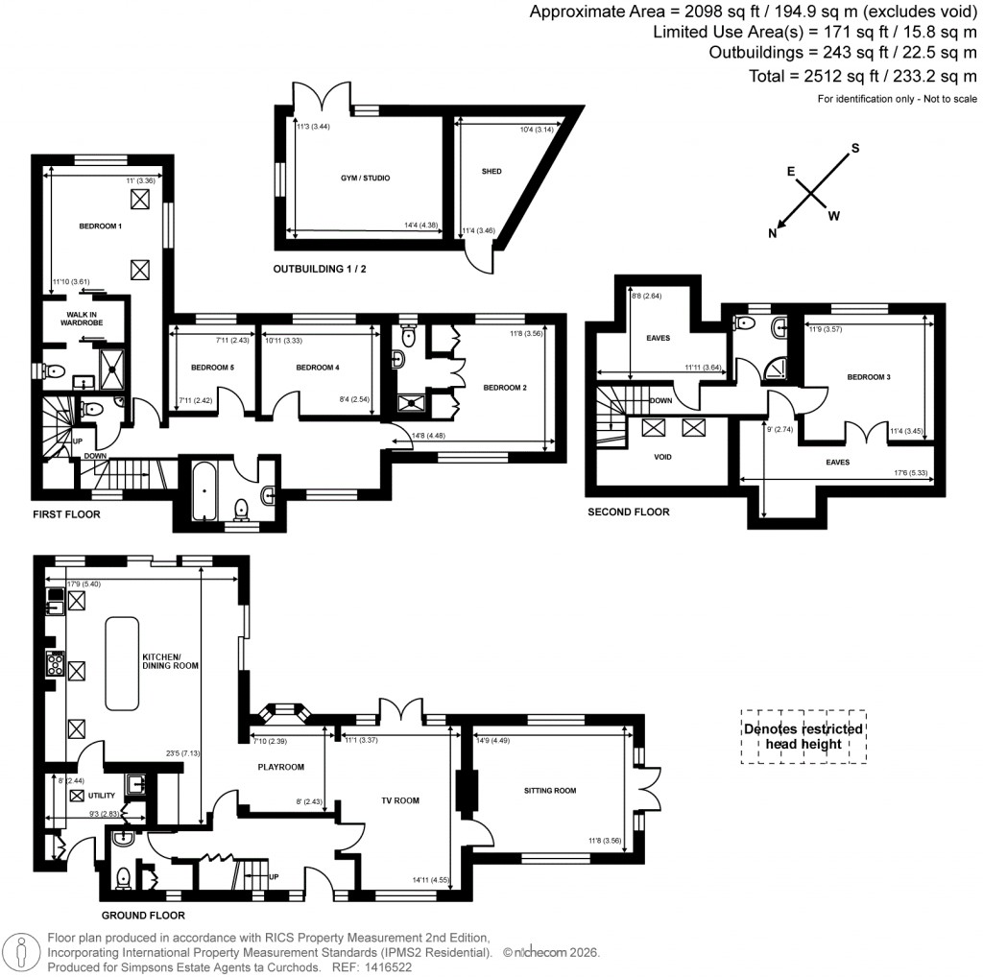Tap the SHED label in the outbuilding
click(491, 172)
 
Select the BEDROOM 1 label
click(101, 226)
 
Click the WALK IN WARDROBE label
click(82, 320)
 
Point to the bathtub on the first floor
click(204, 490)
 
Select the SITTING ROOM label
click(549, 791)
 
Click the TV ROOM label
click(400, 799)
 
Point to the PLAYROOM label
click(280, 767)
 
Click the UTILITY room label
click(102, 796)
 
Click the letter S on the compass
click(854, 150)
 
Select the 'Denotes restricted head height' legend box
click(803, 737)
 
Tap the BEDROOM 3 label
click(869, 377)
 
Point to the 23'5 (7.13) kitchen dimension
click(182, 754)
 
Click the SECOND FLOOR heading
click(628, 512)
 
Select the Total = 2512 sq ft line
click(862, 77)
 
